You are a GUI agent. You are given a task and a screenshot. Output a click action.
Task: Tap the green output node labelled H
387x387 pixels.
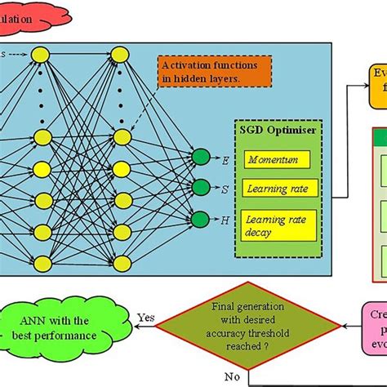(200, 219)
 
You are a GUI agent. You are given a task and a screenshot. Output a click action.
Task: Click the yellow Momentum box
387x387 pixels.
(278, 160)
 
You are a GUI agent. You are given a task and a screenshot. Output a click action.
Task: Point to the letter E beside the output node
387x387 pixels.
(225, 158)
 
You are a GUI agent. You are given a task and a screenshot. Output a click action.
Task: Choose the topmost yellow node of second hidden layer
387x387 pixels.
(120, 55)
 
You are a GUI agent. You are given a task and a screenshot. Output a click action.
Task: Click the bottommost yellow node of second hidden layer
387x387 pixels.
(120, 262)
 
